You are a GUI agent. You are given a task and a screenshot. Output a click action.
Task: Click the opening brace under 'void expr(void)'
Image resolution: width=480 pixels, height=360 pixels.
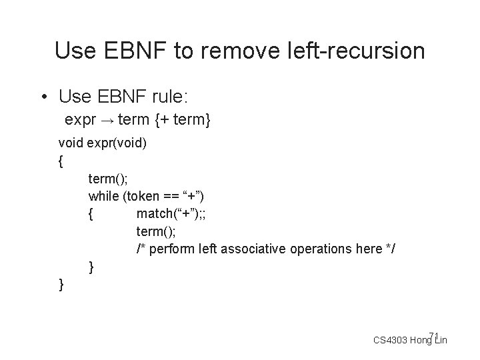coord(61,161)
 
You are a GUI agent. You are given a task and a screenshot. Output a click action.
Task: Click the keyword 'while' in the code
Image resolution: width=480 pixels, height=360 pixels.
coord(102,196)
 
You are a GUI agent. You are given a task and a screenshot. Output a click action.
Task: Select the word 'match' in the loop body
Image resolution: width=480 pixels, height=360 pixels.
coord(152,213)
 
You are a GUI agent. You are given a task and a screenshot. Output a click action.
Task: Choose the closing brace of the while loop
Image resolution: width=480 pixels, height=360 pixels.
coord(91,267)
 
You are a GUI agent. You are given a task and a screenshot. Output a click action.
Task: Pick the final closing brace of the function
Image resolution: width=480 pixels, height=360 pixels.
coord(61,285)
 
